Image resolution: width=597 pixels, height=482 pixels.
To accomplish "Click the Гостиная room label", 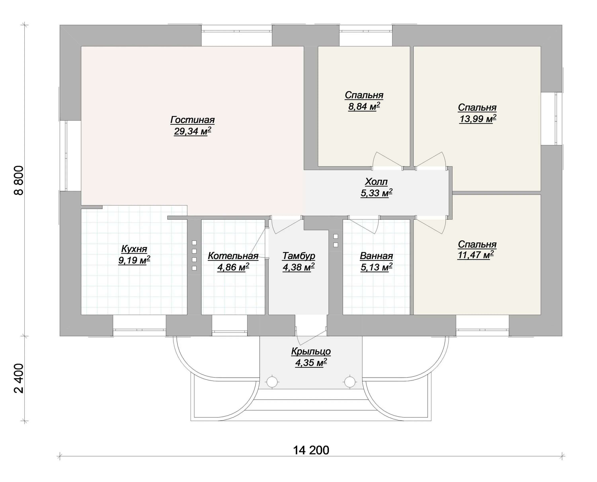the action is click(192, 120).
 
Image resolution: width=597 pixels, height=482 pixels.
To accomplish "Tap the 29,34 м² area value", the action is click(192, 131).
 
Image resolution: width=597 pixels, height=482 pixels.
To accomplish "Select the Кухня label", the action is click(134, 249).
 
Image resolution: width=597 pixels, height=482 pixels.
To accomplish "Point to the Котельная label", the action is click(233, 256).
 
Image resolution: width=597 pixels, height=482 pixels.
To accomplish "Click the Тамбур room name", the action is click(299, 256).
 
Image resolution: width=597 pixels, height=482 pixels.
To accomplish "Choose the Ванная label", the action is click(377, 256).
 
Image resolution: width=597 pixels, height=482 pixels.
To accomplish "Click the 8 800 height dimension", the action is click(19, 181).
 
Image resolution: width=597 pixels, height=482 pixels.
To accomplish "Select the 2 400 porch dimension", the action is click(19, 378).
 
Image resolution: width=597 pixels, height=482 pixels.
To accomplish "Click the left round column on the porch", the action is click(272, 382).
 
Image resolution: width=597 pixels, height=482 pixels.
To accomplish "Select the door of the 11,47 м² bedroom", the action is click(431, 225).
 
